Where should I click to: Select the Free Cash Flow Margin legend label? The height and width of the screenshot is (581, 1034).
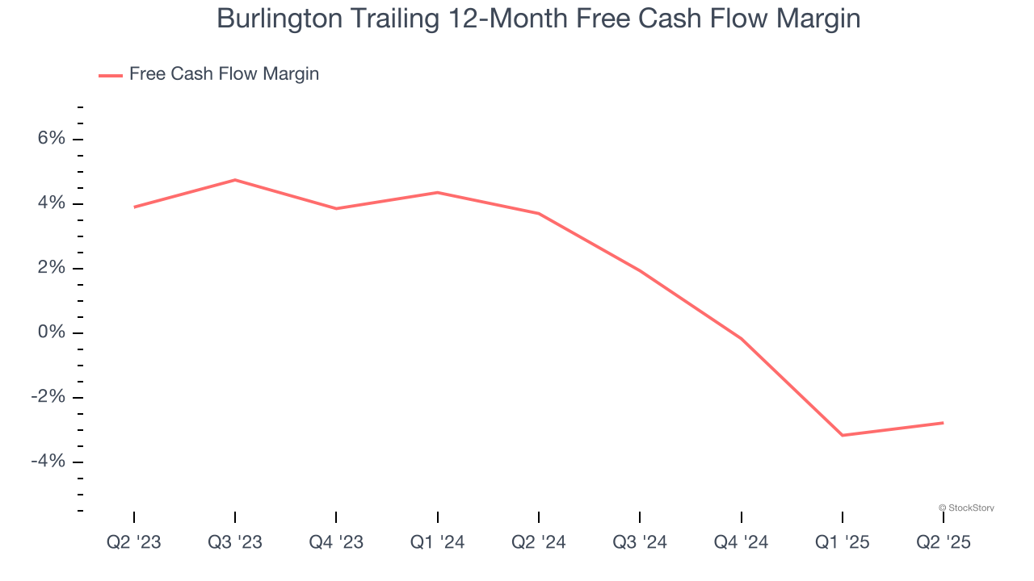pos(224,74)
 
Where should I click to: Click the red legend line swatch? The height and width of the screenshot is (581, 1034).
pos(111,75)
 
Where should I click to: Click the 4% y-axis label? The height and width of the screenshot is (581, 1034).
pos(51,203)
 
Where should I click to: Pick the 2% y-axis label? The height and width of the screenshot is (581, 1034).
pos(51,268)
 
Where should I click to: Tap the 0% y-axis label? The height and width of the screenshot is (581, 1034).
pos(51,332)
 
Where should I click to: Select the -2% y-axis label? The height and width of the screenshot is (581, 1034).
pos(48,397)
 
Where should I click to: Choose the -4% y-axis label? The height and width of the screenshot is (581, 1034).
pos(48,462)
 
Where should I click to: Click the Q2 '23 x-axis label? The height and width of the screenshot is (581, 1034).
pos(134,542)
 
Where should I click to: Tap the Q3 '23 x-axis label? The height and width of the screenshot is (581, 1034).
pos(235,542)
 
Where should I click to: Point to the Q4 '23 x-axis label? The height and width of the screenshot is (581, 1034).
pos(336,542)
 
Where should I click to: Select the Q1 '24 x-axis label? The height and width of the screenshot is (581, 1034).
pos(437,542)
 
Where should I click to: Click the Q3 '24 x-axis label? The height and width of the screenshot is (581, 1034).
pos(640,542)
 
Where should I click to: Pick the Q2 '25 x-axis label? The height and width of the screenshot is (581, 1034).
pos(943,542)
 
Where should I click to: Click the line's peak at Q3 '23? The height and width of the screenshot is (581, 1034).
pos(235,180)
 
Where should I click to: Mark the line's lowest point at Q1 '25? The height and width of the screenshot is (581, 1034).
pos(843,436)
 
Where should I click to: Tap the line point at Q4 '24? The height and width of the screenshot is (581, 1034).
pos(741,339)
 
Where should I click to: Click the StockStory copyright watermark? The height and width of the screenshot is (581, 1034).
pos(966,508)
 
